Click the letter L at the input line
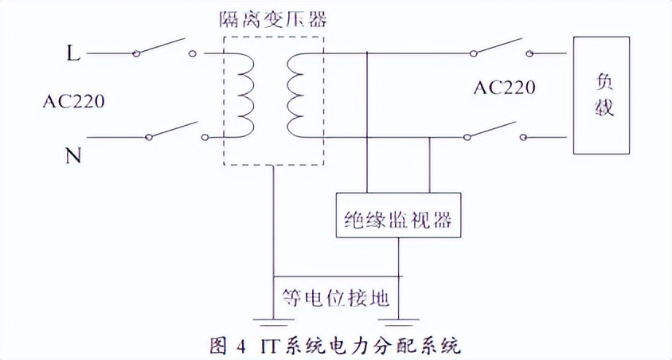[x=72, y=54]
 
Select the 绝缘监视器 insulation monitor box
[x=398, y=214]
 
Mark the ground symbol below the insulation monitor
[x=397, y=323]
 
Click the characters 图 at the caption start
[x=217, y=347]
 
